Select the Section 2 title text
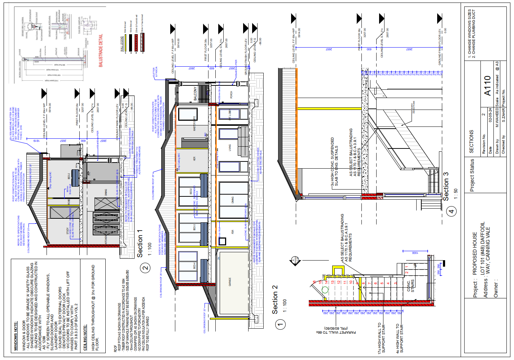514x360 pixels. coord(275,299)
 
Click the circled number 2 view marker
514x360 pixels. coord(145,268)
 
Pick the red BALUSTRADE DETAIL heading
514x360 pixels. coord(101,50)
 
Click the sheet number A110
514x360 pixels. coord(488,86)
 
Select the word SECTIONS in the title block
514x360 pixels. coord(471,142)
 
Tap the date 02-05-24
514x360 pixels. coord(490,115)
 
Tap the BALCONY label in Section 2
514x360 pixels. coord(196,94)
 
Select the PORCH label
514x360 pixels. coord(231,95)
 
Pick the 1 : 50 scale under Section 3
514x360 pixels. coord(456,194)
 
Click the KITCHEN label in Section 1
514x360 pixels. coord(106,239)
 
